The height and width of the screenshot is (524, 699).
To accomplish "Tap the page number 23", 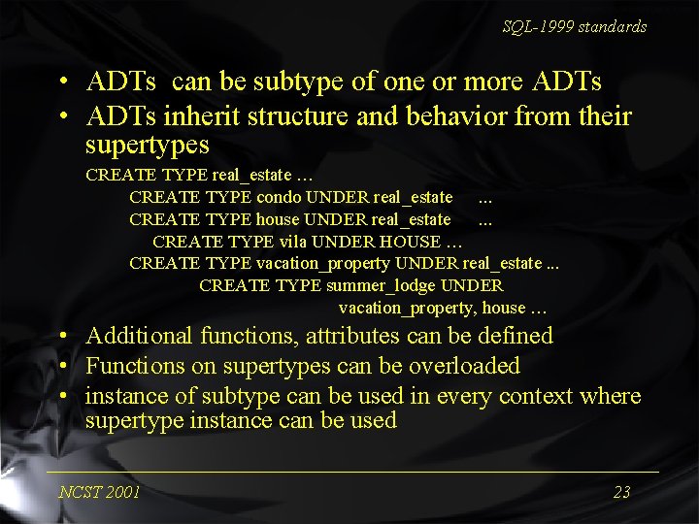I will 622,492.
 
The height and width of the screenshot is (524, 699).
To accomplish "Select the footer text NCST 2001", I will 99,492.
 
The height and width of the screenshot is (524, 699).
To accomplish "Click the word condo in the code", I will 279,198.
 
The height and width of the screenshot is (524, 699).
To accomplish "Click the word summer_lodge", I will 381,285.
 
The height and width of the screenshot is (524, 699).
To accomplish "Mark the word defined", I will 517,337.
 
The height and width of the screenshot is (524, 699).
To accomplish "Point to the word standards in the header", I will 613,27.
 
